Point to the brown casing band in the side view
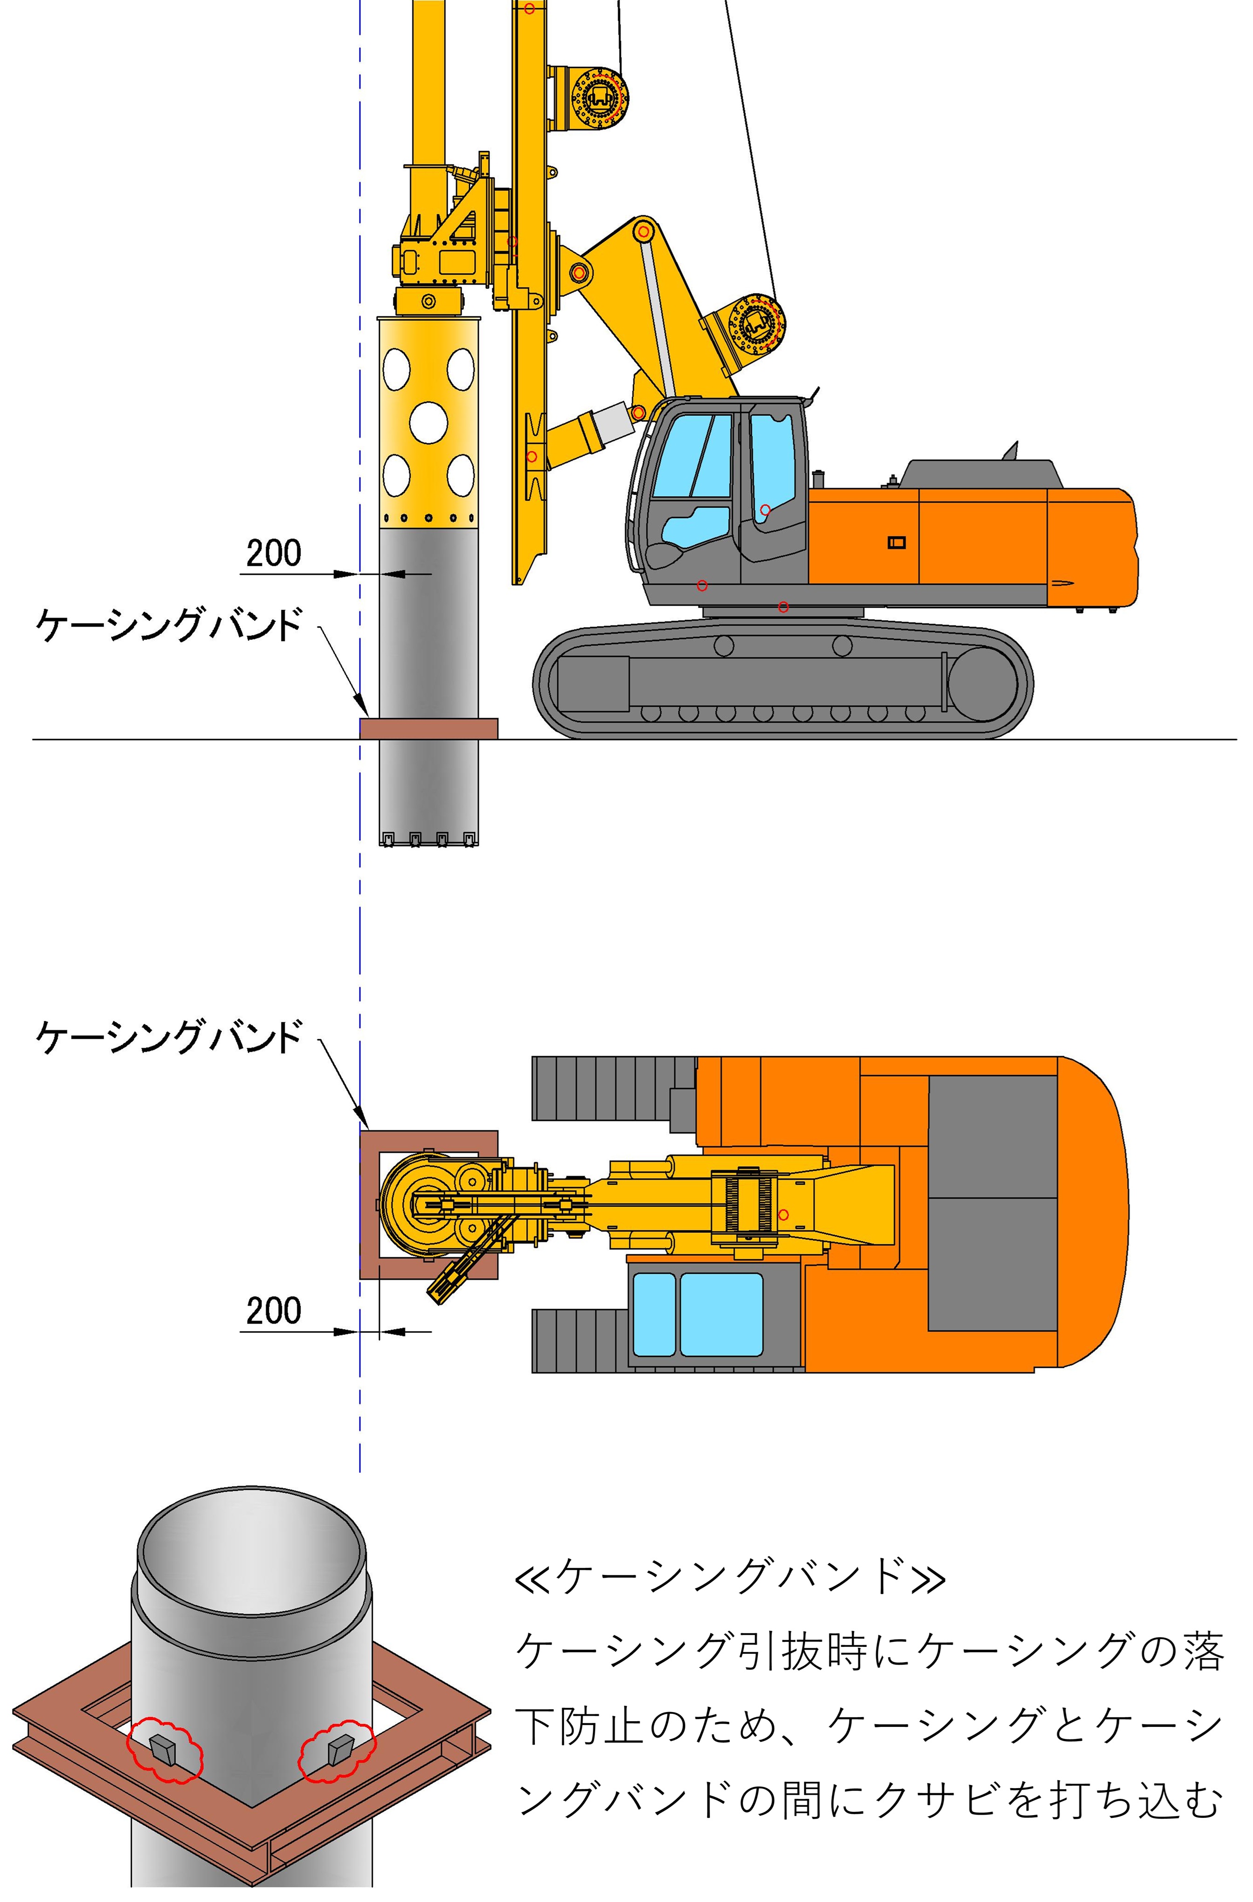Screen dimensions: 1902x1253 click(x=428, y=728)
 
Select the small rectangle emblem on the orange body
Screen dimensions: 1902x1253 click(x=896, y=543)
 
